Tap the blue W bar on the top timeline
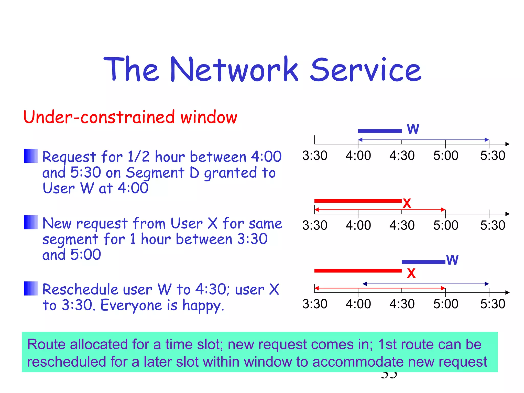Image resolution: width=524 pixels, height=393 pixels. point(380,131)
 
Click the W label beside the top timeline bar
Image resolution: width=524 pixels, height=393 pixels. point(413,129)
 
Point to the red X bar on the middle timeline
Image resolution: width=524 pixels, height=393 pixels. point(358,201)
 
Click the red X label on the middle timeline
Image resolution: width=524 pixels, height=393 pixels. point(407,204)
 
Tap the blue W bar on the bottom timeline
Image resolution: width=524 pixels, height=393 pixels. point(423,262)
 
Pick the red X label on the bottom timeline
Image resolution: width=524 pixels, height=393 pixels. point(411,274)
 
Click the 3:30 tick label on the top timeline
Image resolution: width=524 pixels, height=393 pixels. point(315,156)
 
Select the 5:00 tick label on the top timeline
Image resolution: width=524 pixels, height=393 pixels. point(446,156)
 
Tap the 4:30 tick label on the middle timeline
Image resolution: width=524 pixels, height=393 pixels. point(402,225)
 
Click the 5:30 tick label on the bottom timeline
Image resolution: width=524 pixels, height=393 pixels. point(493,304)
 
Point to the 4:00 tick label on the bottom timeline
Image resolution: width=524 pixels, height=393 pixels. point(358,304)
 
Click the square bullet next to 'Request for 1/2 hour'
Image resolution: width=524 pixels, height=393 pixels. point(31,156)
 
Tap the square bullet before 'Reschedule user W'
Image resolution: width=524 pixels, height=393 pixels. point(31,288)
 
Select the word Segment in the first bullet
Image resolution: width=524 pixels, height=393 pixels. point(155,173)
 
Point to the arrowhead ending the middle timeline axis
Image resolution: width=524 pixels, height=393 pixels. point(508,214)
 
